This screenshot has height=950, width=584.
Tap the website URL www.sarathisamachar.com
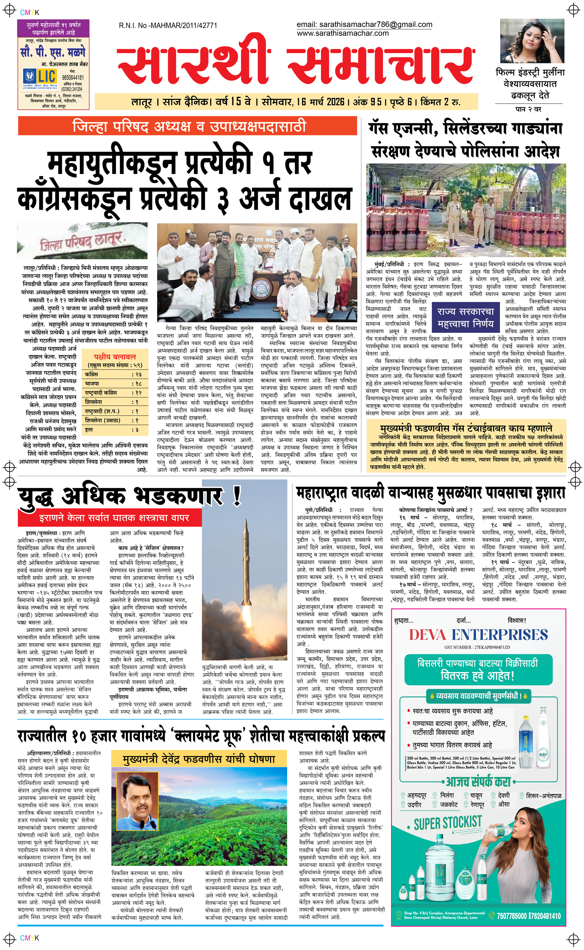tap(343, 33)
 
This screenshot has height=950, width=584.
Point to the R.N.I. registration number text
tap(168, 25)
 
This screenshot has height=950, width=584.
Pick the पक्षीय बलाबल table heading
tap(115, 357)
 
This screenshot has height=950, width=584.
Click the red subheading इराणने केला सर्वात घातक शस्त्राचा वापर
tap(114, 518)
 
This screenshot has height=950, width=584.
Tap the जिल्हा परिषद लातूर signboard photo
tap(82, 241)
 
